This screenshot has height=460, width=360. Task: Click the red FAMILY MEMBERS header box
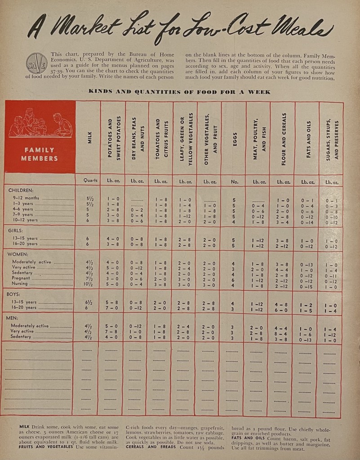[40, 137]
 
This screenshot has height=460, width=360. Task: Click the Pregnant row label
[23, 278]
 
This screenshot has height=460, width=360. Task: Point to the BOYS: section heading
[17, 296]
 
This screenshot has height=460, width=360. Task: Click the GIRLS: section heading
[18, 231]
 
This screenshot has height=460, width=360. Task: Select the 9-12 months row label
[27, 198]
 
